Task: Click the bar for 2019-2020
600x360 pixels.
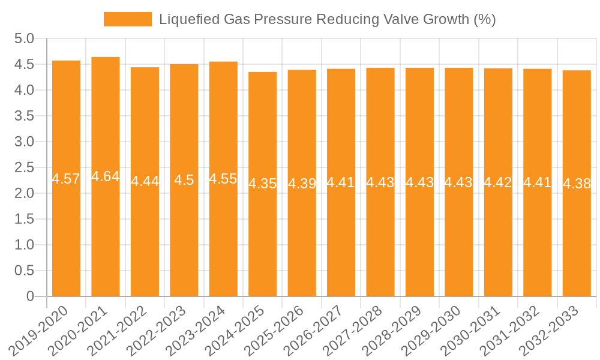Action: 66,228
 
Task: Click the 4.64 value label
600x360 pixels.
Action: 106,176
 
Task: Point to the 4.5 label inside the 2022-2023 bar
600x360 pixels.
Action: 184,180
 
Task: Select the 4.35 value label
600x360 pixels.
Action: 263,184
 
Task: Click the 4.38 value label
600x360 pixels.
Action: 577,184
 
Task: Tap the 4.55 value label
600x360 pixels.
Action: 223,179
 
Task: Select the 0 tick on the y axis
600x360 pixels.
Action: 31,296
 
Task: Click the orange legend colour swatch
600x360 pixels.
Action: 127,19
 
